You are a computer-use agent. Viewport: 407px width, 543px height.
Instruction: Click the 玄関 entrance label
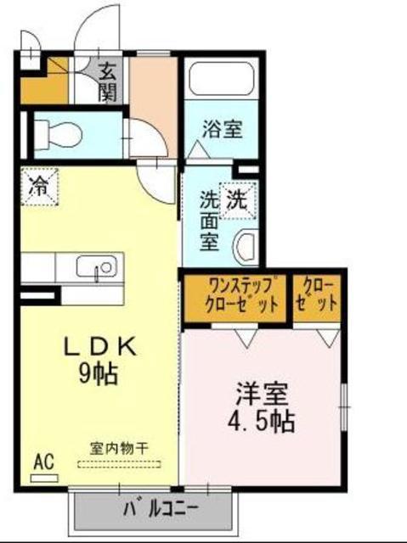(108, 81)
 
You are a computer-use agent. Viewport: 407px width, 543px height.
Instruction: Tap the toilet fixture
(59, 134)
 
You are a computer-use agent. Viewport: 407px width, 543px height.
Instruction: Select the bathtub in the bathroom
(220, 79)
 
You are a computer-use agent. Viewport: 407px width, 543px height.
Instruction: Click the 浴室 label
(222, 129)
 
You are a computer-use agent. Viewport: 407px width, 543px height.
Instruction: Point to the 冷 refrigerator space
(39, 187)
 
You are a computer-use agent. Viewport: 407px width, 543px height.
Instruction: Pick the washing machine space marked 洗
(238, 200)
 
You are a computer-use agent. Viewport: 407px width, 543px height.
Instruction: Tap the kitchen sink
(96, 266)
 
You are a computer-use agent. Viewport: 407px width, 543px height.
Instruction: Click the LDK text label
(99, 347)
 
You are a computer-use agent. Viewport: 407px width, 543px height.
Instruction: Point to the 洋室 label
(262, 394)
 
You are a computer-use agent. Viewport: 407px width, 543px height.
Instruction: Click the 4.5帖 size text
(262, 422)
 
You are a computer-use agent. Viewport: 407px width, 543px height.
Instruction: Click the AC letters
(44, 462)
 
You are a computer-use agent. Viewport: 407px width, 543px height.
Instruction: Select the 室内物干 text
(119, 449)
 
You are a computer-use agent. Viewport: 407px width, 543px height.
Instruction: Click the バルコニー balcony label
(161, 509)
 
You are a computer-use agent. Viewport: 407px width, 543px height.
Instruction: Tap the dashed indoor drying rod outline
(119, 464)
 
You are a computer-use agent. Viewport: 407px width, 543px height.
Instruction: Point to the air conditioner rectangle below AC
(44, 479)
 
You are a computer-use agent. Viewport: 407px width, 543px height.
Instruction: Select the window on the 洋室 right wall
(344, 406)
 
